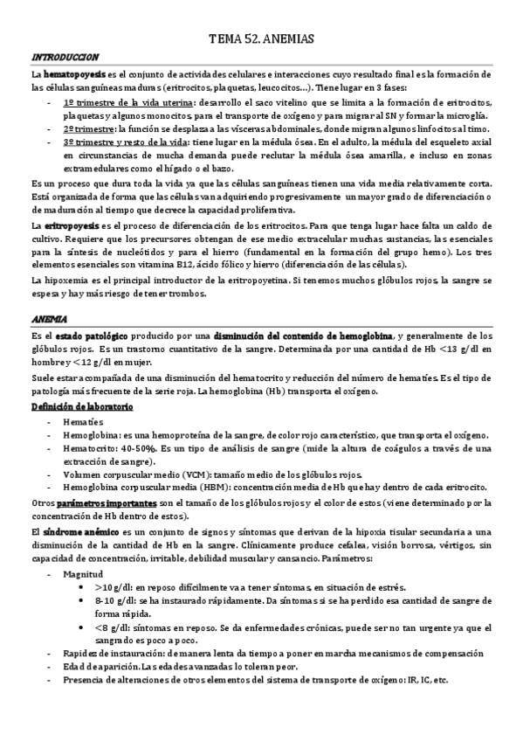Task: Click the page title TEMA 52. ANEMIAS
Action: pos(261,39)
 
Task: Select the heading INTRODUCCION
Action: pos(65,56)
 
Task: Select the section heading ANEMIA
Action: pos(49,318)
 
